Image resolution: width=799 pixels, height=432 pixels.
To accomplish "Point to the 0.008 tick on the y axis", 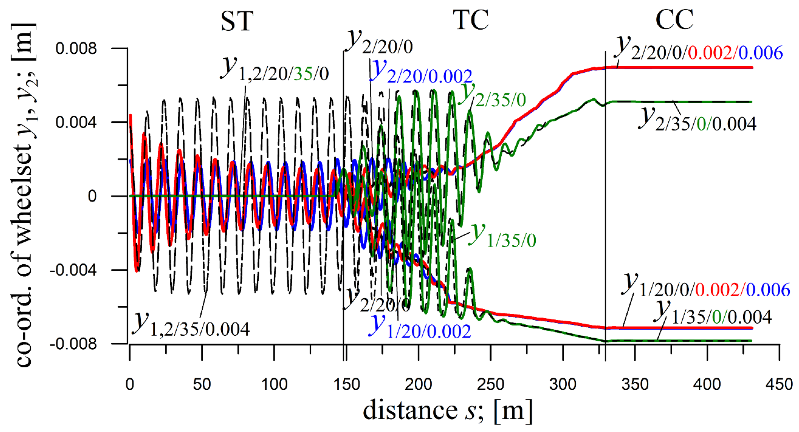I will coord(76,49).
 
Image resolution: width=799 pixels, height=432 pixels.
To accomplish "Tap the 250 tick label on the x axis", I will coord(490,385).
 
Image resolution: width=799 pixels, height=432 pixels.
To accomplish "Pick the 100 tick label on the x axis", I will coord(274,385).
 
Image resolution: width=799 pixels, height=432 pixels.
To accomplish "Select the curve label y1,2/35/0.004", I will coord(191,325).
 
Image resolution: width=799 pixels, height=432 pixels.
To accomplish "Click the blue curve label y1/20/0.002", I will coord(419,327).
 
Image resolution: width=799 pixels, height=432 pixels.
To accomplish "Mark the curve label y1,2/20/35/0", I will coord(275,70).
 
